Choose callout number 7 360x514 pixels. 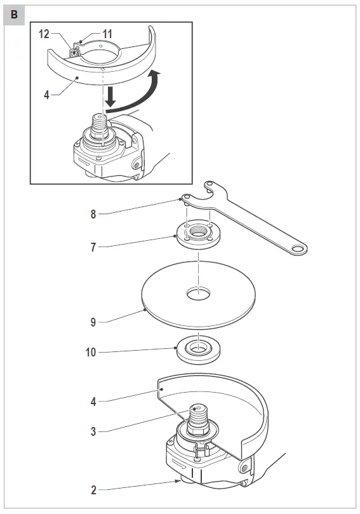tap(93, 247)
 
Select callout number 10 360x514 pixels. tap(91, 351)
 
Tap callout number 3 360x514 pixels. tap(94, 431)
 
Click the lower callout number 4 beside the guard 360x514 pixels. tap(93, 401)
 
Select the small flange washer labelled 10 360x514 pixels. tap(199, 350)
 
